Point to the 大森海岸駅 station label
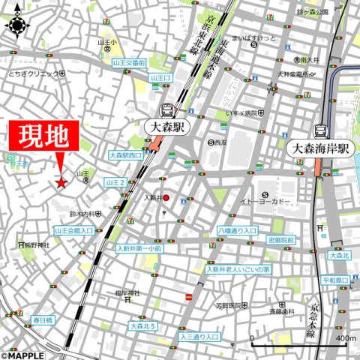[320, 148]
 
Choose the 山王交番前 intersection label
[129, 64]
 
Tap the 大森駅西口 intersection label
[125, 155]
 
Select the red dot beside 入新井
[166, 198]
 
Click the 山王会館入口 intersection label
[74, 231]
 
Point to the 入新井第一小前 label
[139, 248]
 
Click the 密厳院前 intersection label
[281, 240]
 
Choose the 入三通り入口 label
[199, 337]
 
